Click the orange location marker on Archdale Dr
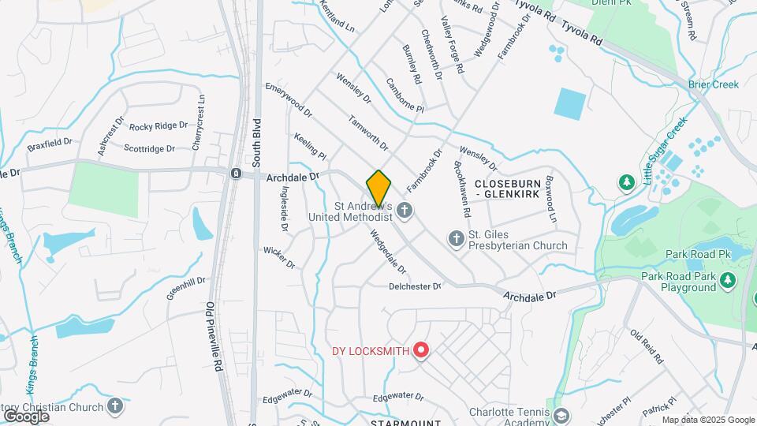(378, 188)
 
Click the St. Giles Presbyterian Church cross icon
(456, 238)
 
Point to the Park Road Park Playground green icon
(728, 280)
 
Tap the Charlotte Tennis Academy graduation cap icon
(561, 416)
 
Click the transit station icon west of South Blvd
(236, 174)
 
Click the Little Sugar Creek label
(665, 151)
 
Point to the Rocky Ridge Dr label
(158, 126)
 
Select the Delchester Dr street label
(415, 286)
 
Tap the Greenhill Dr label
(185, 290)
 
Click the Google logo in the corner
(27, 416)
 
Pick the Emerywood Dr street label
(289, 98)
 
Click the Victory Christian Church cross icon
(115, 407)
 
